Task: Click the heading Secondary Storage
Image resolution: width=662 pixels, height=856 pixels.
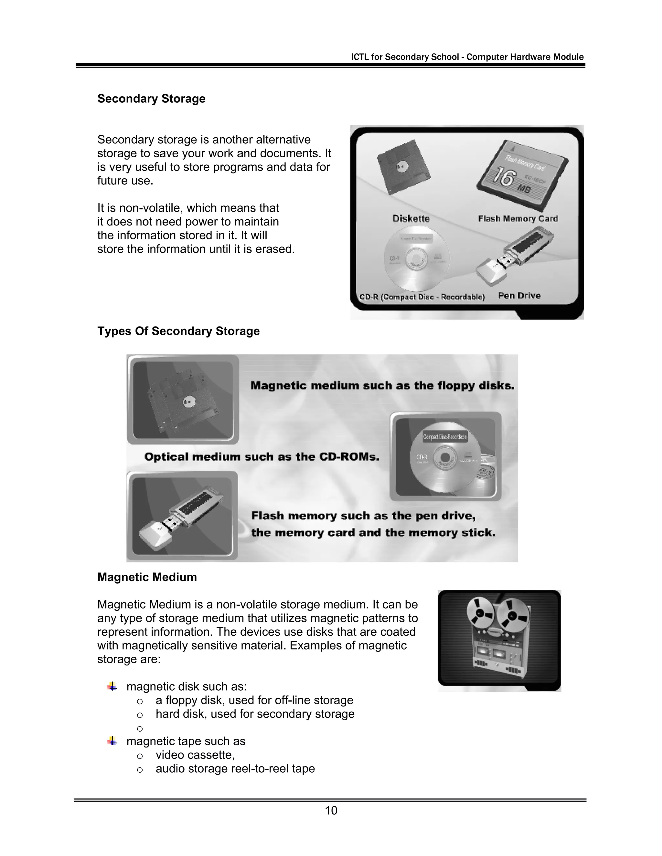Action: click(x=151, y=99)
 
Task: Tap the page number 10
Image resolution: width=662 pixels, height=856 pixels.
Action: click(x=331, y=810)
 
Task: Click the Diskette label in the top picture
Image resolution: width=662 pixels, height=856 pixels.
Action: click(x=411, y=219)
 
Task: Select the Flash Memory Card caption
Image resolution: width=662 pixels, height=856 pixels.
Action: click(x=518, y=219)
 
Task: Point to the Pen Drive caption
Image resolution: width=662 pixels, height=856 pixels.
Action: click(x=519, y=296)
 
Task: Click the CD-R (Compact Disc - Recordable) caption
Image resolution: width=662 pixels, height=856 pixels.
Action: click(x=422, y=297)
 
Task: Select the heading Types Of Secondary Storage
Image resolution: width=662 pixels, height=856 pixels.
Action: click(x=178, y=331)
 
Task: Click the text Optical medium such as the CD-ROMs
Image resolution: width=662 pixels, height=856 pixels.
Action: click(x=262, y=457)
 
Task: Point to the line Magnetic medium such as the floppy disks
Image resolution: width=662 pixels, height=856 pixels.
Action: click(x=382, y=386)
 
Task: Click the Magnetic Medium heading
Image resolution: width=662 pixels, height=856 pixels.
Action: click(x=147, y=577)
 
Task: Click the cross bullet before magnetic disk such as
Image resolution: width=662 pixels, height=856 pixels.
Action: click(x=112, y=686)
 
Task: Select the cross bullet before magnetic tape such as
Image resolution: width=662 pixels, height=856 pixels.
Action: click(x=112, y=741)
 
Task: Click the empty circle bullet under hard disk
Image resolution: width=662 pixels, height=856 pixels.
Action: click(x=140, y=729)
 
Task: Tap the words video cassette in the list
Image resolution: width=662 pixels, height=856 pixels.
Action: click(x=195, y=755)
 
